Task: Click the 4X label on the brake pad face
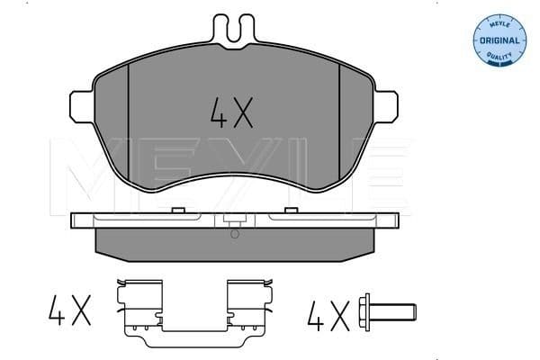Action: [232, 112]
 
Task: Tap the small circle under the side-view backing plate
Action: [234, 235]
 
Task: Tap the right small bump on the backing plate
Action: [292, 211]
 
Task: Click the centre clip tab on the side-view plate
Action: [233, 220]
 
